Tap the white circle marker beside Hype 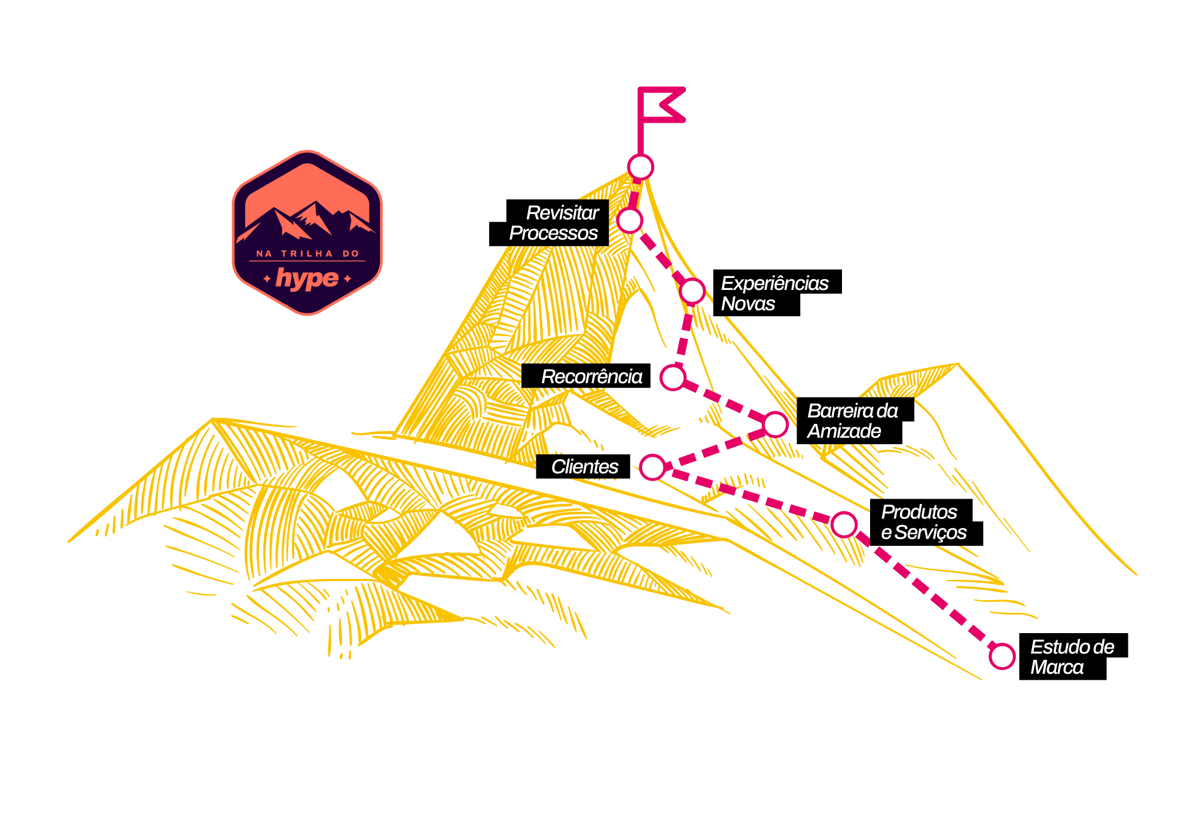click(640, 167)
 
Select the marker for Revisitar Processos click(630, 220)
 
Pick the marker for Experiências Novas click(692, 291)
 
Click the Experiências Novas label click(774, 294)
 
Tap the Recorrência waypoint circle click(673, 377)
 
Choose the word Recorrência click(591, 377)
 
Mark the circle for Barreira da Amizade click(776, 424)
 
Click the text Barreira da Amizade click(852, 421)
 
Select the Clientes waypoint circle click(652, 467)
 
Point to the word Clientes click(584, 467)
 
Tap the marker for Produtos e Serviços click(844, 525)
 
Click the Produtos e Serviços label click(923, 522)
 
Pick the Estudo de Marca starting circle click(1002, 656)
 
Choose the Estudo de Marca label click(1072, 657)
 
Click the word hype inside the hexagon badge click(307, 278)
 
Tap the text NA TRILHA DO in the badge click(307, 253)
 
